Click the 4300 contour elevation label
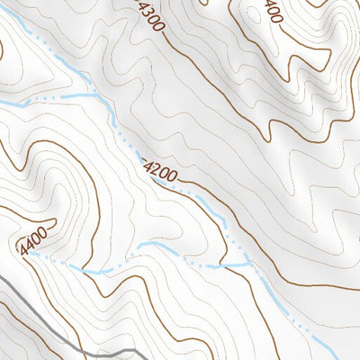coord(151,16)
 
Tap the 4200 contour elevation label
coord(161,167)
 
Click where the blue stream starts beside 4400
coord(31,254)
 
